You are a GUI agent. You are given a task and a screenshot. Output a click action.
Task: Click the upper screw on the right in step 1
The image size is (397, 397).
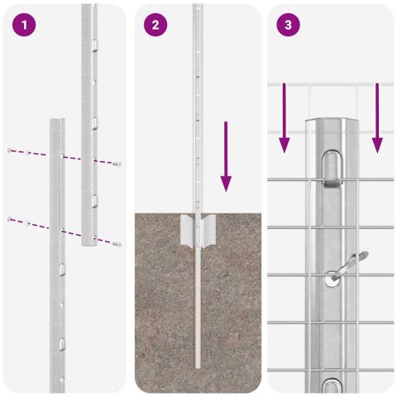(118, 164)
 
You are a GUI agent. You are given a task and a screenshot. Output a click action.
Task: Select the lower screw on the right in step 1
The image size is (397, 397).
(118, 243)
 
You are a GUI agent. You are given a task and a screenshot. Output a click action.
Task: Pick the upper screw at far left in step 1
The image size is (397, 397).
(9, 151)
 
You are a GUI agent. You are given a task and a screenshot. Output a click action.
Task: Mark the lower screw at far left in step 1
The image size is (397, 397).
(9, 218)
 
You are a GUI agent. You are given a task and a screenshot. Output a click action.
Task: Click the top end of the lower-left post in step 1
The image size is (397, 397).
(56, 122)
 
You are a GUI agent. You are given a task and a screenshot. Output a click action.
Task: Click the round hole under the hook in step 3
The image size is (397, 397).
(332, 280)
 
